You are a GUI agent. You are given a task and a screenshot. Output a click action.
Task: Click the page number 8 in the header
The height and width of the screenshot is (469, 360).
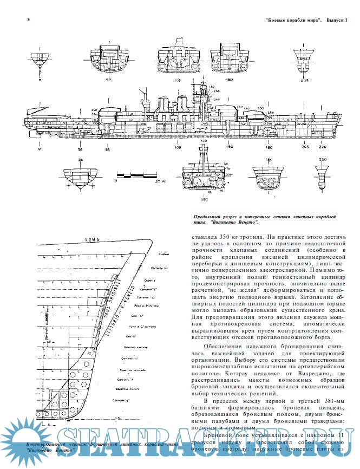click(12, 20)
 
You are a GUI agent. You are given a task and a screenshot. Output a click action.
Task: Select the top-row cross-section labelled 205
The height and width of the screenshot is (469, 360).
click(304, 60)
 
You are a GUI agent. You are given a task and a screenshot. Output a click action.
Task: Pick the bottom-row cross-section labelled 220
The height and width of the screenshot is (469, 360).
click(323, 174)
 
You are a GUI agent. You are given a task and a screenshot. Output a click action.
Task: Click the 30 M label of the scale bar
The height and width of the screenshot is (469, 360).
click(160, 183)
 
